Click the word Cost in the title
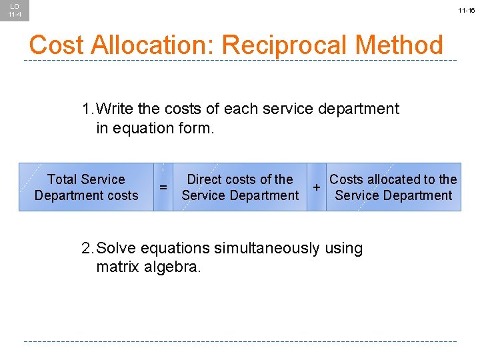tap(56, 45)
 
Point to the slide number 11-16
tap(466, 11)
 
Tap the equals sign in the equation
tap(163, 188)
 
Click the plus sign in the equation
tap(316, 187)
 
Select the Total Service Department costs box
tap(86, 187)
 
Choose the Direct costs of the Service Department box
tap(240, 187)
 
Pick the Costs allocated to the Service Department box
tap(393, 187)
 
